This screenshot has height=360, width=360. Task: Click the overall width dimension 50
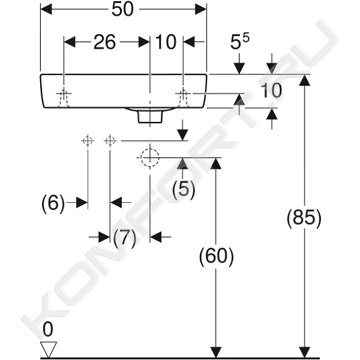122,10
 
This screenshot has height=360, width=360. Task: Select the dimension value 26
104,42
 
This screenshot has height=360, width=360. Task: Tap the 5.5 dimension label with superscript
239,41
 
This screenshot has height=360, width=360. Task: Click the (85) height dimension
304,217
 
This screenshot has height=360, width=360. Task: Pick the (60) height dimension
216,256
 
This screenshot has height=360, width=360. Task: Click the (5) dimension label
184,189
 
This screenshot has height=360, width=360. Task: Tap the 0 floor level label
48,330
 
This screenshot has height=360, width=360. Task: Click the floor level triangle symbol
48,349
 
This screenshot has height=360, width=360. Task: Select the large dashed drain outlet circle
150,158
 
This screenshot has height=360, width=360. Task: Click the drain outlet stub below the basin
150,116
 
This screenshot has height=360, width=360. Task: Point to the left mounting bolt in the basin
64,97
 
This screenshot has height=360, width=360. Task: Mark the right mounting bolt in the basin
183,97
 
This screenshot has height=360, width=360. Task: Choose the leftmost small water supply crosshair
88,141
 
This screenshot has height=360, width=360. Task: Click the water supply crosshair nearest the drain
110,141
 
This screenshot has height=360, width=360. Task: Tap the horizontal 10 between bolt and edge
166,42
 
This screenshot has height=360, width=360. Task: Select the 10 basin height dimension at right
271,91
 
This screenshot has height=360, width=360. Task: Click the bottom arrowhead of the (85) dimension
305,352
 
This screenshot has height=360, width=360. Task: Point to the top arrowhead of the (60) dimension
216,163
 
